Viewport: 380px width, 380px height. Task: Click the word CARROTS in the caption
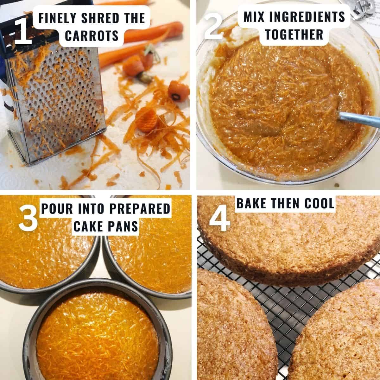point(92,36)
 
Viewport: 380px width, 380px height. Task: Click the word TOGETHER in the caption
point(294,34)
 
